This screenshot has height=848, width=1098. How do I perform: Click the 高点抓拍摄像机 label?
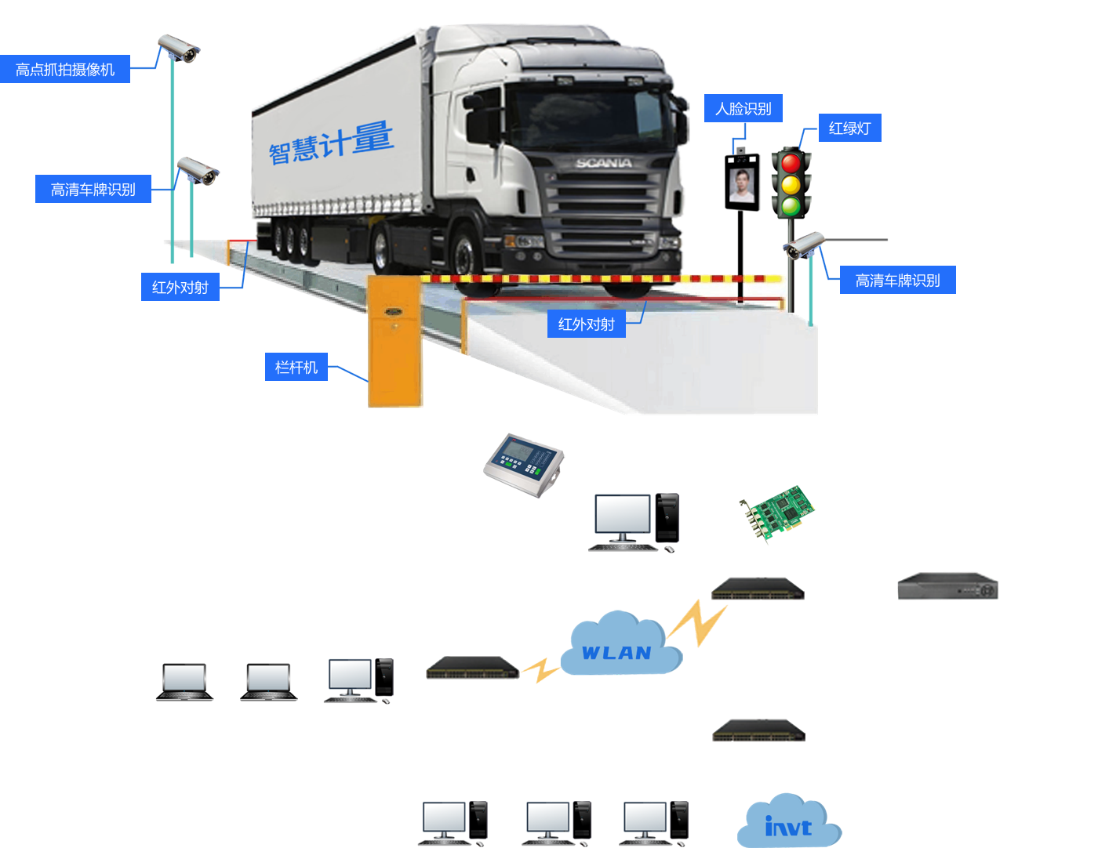tap(65, 70)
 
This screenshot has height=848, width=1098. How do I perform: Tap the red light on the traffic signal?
tap(791, 163)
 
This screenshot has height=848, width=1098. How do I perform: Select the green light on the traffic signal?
tap(791, 207)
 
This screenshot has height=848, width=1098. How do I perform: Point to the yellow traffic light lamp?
tap(791, 185)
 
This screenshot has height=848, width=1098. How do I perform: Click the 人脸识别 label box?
tap(743, 109)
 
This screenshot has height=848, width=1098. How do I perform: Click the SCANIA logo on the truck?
tap(603, 163)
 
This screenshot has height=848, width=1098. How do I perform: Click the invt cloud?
tap(788, 824)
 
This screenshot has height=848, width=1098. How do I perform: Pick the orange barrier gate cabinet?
tap(395, 342)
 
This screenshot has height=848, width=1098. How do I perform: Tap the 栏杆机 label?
tap(296, 368)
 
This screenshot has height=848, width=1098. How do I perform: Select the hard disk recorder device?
tap(947, 586)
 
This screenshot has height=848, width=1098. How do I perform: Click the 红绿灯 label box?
tap(850, 129)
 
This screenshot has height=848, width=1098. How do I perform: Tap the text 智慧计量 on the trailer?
tap(331, 143)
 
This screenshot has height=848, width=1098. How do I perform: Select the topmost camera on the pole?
tap(180, 49)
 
